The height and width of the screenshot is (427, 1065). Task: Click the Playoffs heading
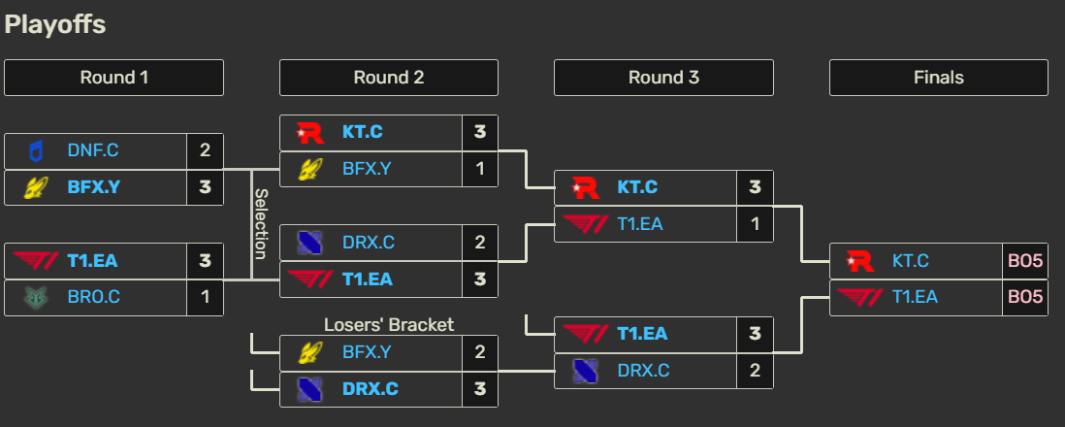coord(55,25)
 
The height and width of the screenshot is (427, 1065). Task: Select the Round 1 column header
coord(113,78)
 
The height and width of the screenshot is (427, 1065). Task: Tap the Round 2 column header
coord(388,78)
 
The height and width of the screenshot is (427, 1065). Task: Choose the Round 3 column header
coord(663,78)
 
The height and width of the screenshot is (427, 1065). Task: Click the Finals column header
coord(938,78)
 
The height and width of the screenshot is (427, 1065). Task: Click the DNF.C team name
coord(93,150)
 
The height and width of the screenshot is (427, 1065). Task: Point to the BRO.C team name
coord(94,297)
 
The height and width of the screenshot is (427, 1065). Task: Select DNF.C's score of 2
coord(205,150)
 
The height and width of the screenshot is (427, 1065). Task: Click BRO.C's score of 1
coord(205,297)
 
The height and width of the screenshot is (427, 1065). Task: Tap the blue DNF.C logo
coord(35,150)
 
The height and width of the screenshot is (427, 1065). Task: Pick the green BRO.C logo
coord(35,297)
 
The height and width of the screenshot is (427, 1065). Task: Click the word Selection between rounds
coord(260,223)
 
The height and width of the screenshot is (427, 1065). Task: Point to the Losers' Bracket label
coord(388,324)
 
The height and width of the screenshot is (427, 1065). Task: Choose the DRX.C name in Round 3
coord(643,370)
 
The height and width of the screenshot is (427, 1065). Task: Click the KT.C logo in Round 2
coord(309,132)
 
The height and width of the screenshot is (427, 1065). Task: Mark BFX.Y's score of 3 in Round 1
coord(205,187)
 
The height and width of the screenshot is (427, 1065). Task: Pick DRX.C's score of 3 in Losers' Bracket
coord(479,388)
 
